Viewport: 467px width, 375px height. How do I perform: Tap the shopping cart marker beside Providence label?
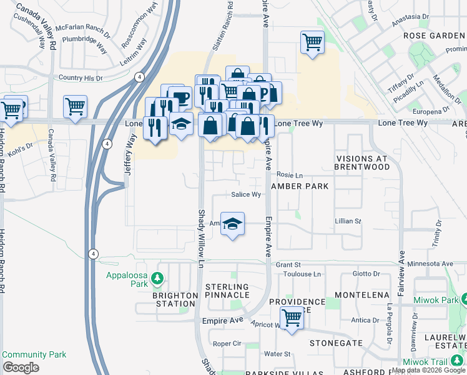(x=292, y=319)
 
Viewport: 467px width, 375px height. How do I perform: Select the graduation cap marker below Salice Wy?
(x=232, y=225)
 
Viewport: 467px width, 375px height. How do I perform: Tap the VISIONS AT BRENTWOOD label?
(x=361, y=163)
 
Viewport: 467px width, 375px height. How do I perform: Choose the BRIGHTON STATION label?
(x=174, y=299)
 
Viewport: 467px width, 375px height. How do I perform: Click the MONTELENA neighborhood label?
(x=358, y=294)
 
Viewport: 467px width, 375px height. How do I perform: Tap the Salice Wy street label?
(x=246, y=195)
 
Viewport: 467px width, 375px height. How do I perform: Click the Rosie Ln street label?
(x=289, y=176)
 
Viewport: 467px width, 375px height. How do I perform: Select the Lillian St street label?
(x=348, y=221)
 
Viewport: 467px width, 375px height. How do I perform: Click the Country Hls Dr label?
(x=80, y=78)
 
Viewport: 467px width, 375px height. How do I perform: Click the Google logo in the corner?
(x=21, y=367)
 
